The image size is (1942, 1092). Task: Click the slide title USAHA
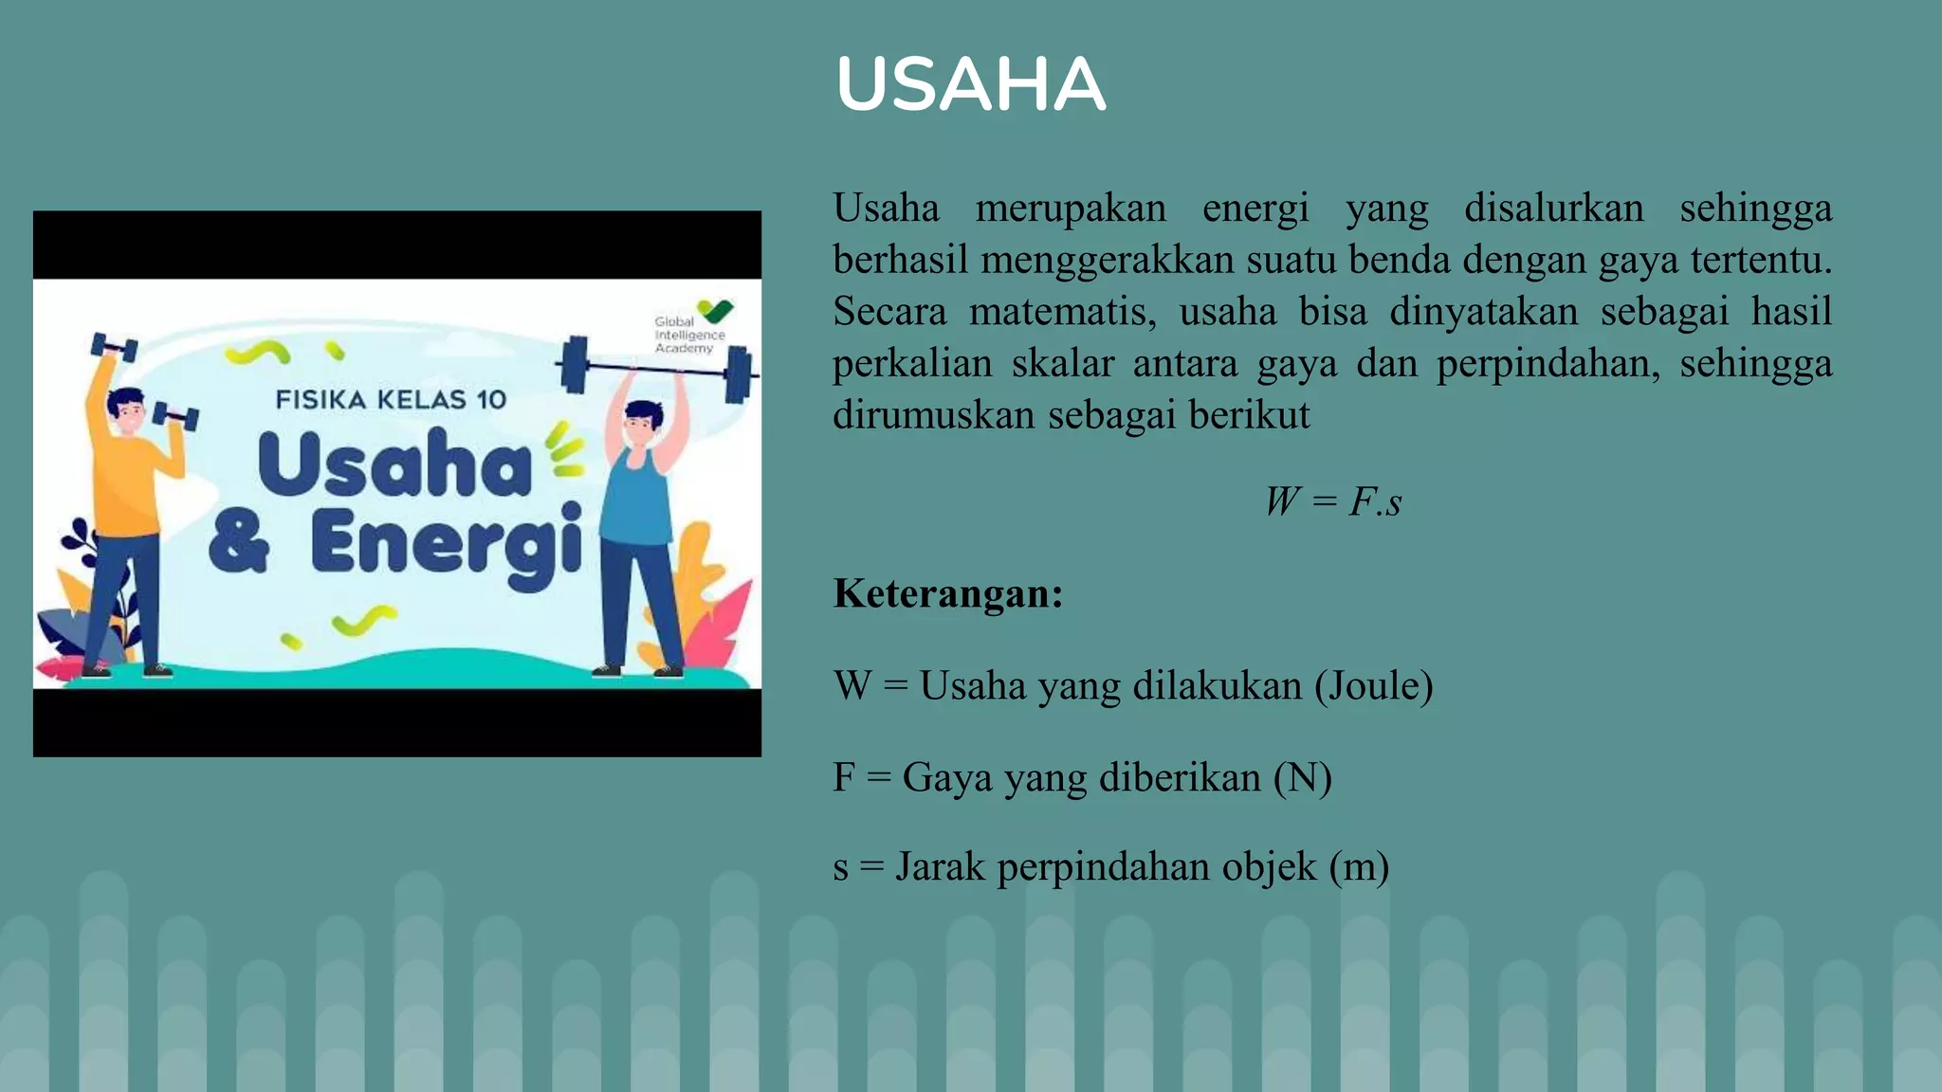pos(970,84)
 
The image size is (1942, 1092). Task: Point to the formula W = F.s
pos(1332,501)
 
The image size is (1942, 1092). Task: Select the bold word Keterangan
pos(947,594)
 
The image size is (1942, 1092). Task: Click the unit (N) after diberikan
pos(1302,777)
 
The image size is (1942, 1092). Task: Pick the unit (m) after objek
pos(1359,866)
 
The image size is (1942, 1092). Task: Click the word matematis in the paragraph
pos(1062,312)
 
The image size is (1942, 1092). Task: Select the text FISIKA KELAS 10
pos(391,399)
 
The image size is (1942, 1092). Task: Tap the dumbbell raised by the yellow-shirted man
pos(114,347)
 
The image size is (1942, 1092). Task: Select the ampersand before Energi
pos(239,542)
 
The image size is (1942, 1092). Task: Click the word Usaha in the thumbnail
pos(394,464)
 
